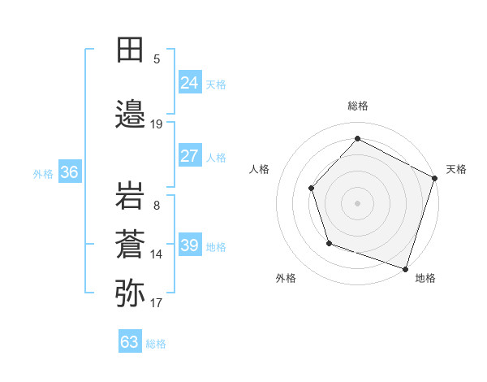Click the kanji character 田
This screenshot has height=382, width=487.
[x=130, y=50]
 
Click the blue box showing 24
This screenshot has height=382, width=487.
[x=189, y=83]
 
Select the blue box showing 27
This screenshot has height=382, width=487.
[x=189, y=156]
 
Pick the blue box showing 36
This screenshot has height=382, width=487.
[x=69, y=172]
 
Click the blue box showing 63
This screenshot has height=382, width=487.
[x=130, y=342]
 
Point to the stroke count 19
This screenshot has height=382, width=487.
[x=157, y=124]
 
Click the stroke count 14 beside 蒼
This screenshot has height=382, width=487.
[x=157, y=254]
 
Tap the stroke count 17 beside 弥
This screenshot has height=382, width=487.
[x=157, y=303]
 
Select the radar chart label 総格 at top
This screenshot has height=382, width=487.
[x=357, y=106]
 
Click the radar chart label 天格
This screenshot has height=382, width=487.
[x=456, y=169]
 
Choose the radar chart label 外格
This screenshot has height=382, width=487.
[x=286, y=278]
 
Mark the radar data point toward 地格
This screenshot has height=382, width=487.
[x=405, y=267]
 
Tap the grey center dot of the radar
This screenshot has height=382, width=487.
[x=357, y=202]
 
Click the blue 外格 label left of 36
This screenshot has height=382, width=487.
[x=43, y=173]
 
